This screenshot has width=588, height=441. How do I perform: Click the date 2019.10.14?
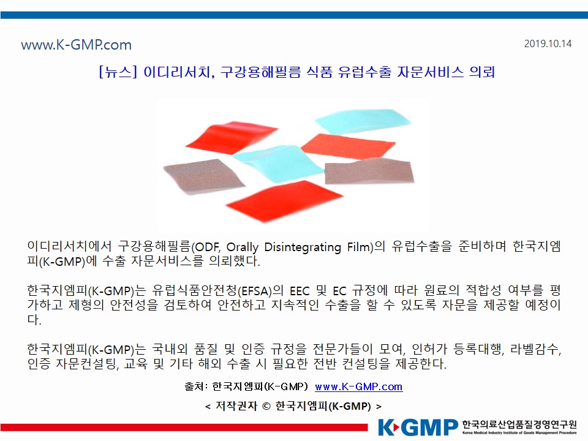coord(548,44)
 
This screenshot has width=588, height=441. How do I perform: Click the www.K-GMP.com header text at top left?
coord(77,45)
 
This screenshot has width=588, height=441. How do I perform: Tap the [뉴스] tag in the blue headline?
coord(118,71)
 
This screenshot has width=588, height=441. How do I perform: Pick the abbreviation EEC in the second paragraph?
coord(300,291)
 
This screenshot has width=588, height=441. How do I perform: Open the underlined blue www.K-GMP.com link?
coord(359,386)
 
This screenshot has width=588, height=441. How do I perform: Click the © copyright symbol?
coord(266,407)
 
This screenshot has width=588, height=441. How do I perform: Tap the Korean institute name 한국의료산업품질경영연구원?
coord(519,424)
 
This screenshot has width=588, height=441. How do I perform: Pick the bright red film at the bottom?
coord(284,201)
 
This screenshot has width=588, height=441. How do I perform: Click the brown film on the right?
coord(369,172)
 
